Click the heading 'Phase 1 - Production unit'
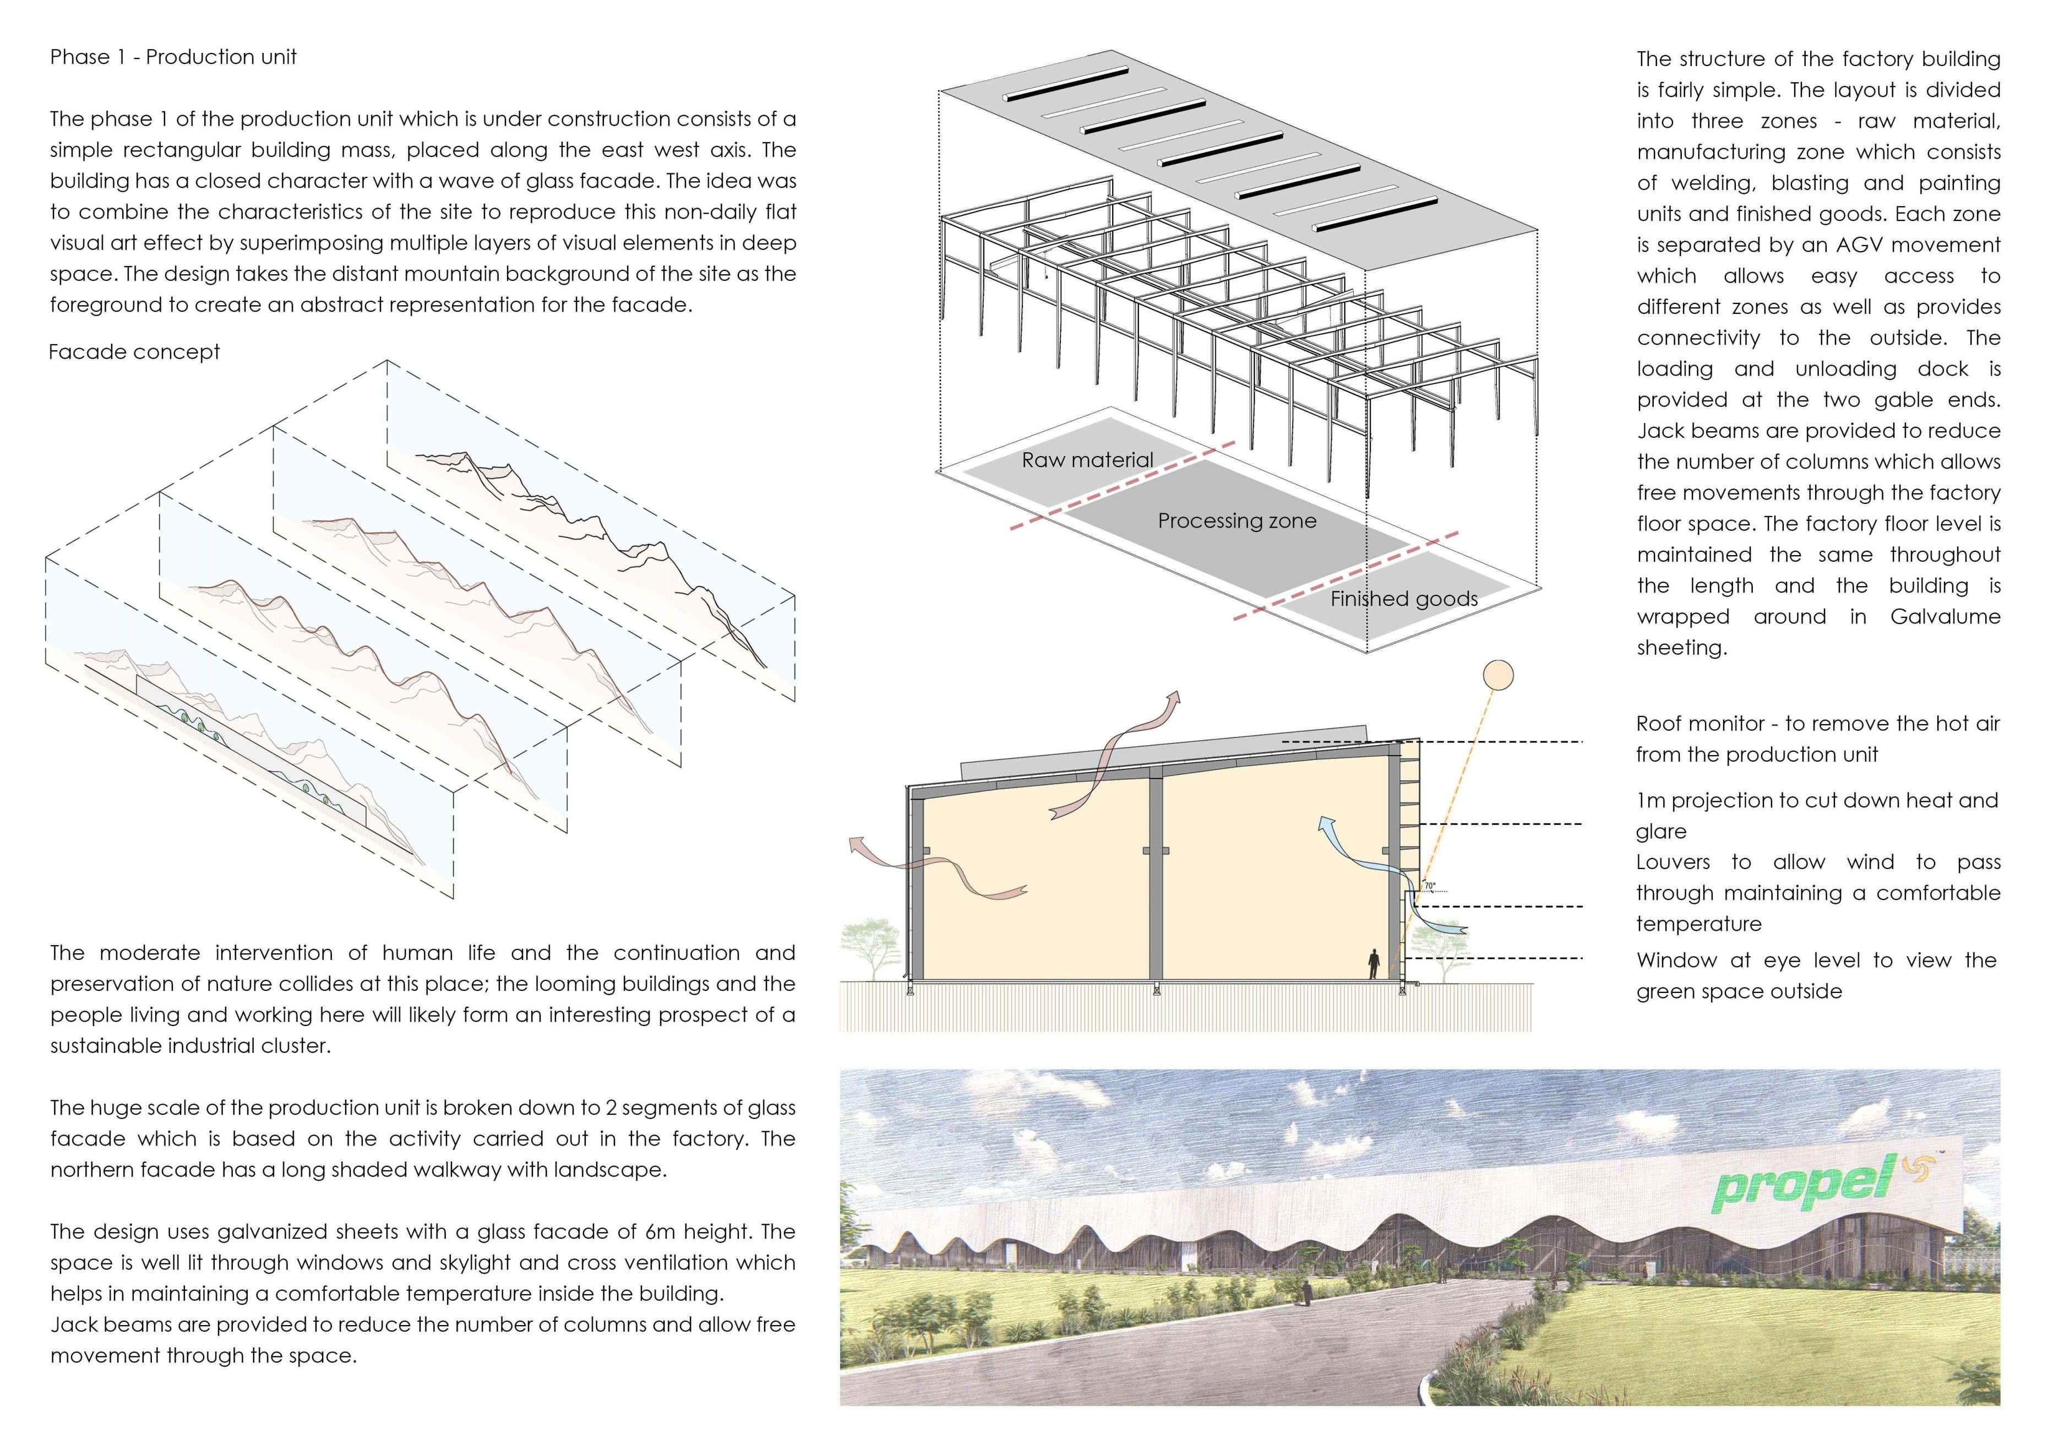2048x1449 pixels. [173, 57]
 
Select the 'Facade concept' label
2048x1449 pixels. [134, 352]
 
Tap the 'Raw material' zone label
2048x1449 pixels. [1087, 460]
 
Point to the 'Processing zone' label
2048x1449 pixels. [1237, 521]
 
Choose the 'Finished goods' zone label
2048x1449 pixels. [1404, 599]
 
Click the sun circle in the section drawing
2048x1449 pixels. [1497, 675]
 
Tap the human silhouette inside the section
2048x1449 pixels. [1375, 964]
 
